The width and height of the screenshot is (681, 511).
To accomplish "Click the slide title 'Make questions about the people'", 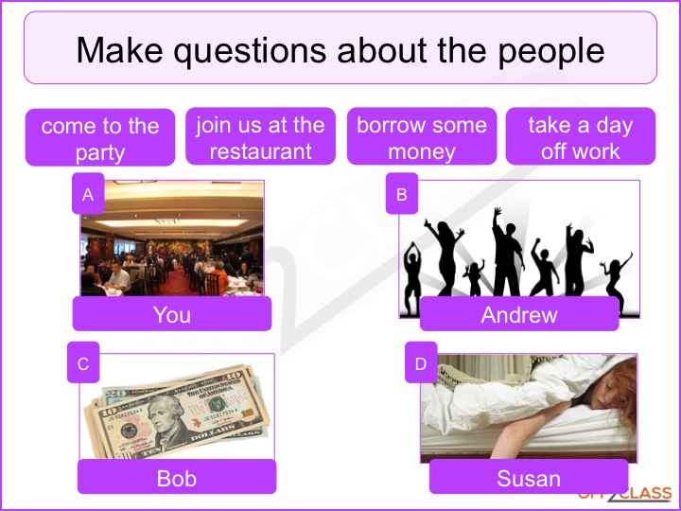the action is click(x=340, y=50).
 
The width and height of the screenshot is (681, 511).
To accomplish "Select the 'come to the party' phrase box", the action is click(x=100, y=137).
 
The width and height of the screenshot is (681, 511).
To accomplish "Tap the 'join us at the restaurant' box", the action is click(x=261, y=136).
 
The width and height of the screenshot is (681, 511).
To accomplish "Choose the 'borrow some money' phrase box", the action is click(x=422, y=136).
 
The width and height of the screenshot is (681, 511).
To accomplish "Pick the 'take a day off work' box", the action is click(x=581, y=136).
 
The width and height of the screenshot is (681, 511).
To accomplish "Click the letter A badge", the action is click(x=88, y=193).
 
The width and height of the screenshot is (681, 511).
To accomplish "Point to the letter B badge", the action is click(x=402, y=193).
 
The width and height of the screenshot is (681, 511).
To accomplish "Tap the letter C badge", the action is click(x=83, y=362).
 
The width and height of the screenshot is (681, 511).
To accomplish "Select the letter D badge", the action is click(x=421, y=362).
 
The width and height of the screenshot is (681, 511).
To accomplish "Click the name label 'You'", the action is click(x=172, y=314).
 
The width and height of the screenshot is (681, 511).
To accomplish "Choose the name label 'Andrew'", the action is click(x=519, y=314).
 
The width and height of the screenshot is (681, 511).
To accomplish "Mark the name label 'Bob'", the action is click(x=177, y=477).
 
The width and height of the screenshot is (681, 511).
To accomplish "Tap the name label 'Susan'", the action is click(x=529, y=477).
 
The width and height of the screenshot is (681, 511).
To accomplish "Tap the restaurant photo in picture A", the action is click(x=172, y=238).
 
